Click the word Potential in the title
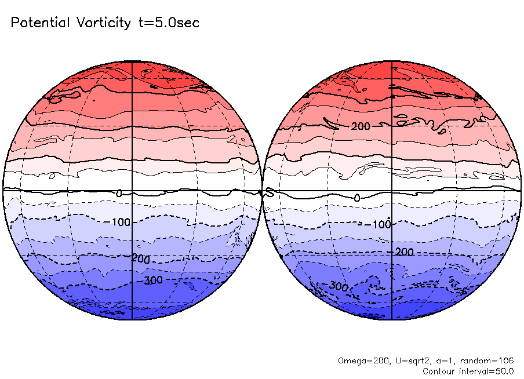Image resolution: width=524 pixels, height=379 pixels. point(40,23)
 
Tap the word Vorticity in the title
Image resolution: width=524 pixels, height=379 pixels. point(103,23)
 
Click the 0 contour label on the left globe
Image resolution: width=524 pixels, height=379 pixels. point(119,193)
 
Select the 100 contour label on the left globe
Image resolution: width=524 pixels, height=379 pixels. point(122,222)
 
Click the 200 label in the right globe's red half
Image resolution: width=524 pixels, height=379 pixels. point(360,126)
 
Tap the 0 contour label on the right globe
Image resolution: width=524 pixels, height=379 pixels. point(356,198)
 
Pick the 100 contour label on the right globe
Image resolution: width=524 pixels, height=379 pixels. point(381,224)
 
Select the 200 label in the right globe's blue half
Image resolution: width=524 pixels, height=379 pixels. point(404,252)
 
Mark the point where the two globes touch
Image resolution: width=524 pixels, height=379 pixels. point(262,190)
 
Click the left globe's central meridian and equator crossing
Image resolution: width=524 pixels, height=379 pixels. point(133,190)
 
